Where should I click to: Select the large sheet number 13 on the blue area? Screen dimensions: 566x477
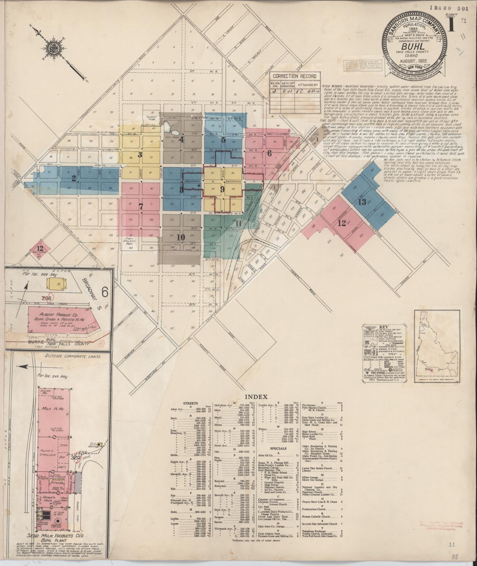coord(362,202)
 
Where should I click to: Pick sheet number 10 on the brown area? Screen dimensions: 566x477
coord(180,237)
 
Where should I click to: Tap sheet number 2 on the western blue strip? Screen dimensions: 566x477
coord(74,178)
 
